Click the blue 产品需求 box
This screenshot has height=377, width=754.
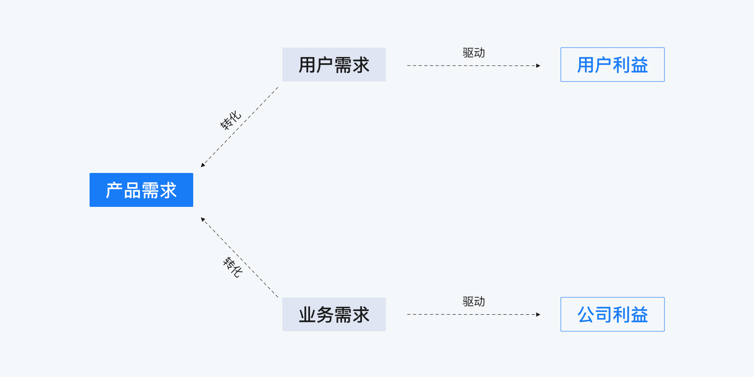(x=141, y=190)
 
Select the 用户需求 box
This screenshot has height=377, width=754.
(x=334, y=65)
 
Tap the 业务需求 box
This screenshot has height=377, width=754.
(x=334, y=314)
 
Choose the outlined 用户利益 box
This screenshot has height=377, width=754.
(x=612, y=65)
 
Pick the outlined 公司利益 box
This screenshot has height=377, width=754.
(x=612, y=314)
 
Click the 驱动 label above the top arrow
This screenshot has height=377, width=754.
(x=474, y=53)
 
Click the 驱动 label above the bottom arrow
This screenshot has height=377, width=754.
(x=474, y=302)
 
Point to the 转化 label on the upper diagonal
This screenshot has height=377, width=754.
(x=230, y=120)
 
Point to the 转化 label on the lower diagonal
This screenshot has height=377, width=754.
(x=232, y=267)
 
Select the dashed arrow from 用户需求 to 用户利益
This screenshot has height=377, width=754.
(x=471, y=66)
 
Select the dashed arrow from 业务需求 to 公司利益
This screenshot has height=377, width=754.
(x=471, y=314)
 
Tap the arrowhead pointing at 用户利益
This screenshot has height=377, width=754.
(x=538, y=66)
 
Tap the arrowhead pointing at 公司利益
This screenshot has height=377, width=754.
(x=538, y=314)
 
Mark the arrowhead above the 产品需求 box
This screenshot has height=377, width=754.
(x=203, y=165)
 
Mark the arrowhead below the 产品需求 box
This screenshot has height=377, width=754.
(x=203, y=219)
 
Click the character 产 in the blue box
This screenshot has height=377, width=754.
(x=115, y=190)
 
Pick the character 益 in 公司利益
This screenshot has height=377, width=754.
(x=639, y=315)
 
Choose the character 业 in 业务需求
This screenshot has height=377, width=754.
(x=307, y=315)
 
